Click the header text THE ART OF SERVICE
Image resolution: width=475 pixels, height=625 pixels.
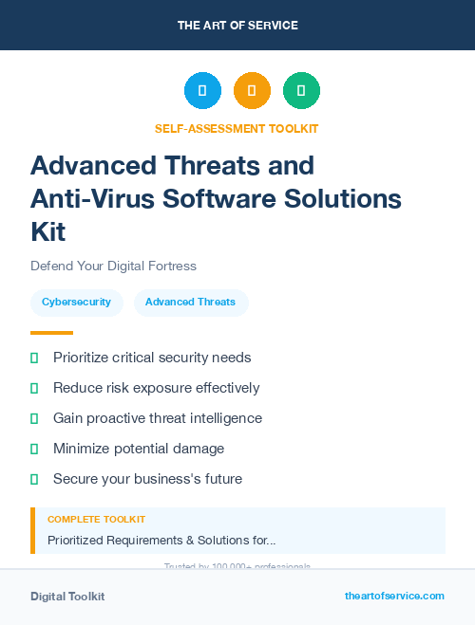pos(237,26)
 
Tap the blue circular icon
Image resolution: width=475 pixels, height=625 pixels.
pos(202,90)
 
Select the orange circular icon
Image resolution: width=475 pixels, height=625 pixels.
pos(252,90)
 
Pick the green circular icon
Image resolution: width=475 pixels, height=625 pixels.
pos(301,90)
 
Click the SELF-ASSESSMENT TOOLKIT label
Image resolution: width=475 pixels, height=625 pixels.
pos(237,128)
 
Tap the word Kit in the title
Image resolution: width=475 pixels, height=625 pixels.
pos(48,232)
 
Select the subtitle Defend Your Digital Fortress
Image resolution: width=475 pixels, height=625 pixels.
pos(113,266)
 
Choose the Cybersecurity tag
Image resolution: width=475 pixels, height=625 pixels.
pos(77,303)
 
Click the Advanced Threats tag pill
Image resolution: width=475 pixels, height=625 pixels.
pos(190,303)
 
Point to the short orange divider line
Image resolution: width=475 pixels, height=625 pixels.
pos(51,333)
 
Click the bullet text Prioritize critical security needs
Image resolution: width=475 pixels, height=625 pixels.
pos(152,358)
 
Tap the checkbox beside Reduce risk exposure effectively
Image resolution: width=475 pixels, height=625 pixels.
pos(34,388)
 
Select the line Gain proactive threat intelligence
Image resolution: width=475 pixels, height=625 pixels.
pos(158,418)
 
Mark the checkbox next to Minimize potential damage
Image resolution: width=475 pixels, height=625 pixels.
pos(34,449)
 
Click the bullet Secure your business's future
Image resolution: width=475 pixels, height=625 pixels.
pos(147,479)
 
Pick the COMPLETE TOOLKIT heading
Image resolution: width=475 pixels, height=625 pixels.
pos(96,520)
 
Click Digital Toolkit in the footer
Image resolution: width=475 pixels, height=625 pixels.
pos(67,597)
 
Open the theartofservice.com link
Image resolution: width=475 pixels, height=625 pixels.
pos(394,596)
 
